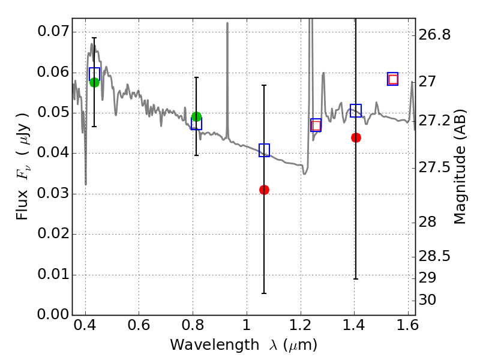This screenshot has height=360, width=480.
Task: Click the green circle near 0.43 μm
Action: coord(94,82)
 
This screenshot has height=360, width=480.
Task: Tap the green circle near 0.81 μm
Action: coord(196,116)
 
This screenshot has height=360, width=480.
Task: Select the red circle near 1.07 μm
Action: coord(264,190)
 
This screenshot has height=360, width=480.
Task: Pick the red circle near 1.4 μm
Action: coord(356,137)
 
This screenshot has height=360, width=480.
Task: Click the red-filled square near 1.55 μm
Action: coord(393,79)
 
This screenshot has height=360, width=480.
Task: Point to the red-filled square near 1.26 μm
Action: coord(316,125)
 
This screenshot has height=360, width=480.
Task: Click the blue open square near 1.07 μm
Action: coord(264,150)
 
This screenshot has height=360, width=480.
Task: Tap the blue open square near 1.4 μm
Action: coord(356,110)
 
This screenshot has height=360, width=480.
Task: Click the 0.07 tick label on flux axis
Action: coord(53,31)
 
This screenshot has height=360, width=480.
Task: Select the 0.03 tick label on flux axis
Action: coord(53,194)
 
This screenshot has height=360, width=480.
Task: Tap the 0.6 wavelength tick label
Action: coord(139,328)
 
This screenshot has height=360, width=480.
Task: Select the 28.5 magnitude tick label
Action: coord(434,256)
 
